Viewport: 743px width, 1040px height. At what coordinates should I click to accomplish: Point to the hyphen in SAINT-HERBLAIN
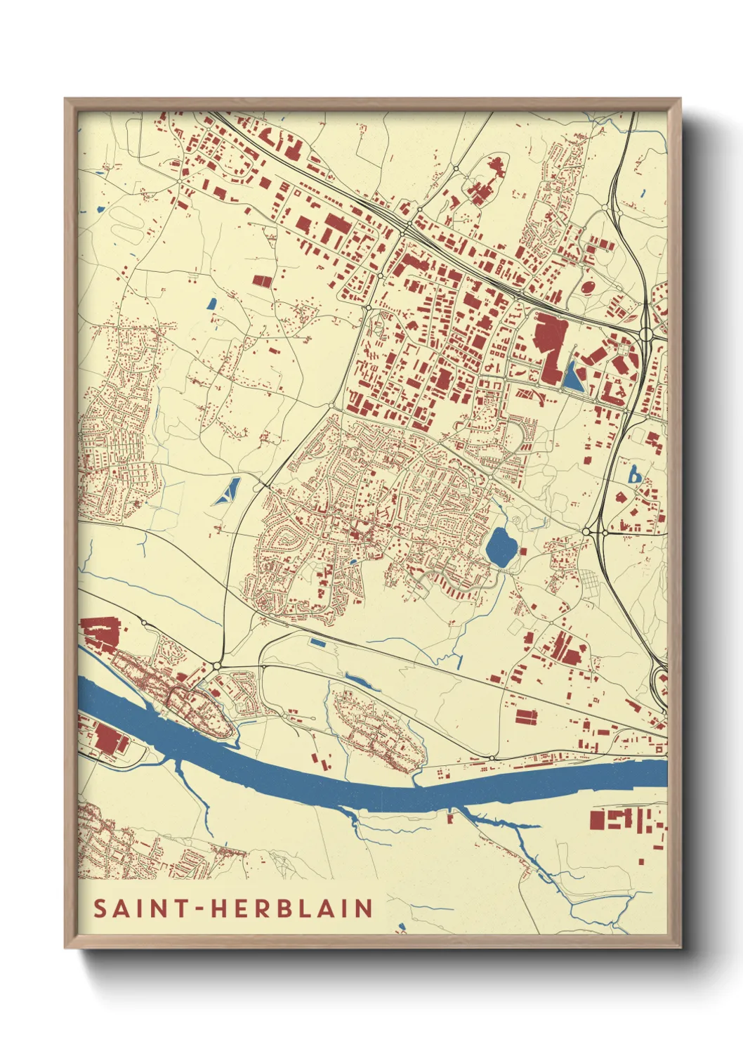[201, 909]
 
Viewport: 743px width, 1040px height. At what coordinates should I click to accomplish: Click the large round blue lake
[500, 547]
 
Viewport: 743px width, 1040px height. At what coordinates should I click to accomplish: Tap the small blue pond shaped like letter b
[634, 476]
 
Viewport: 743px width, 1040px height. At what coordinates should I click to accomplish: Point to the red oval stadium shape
[588, 287]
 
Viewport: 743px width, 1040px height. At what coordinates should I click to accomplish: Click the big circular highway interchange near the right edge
[647, 333]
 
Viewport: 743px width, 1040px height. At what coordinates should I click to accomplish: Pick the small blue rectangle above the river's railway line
[318, 642]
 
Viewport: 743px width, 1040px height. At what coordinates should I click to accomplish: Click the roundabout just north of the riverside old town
[217, 664]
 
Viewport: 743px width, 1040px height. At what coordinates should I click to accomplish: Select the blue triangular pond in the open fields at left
[229, 491]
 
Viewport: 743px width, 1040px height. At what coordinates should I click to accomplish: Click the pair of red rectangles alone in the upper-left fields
[262, 281]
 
